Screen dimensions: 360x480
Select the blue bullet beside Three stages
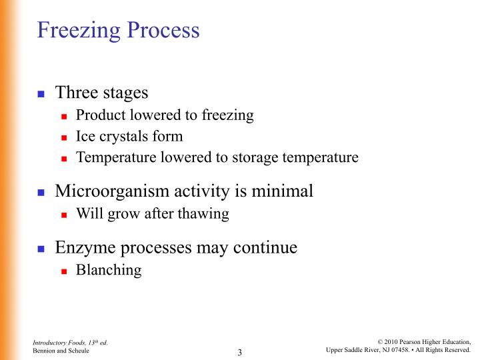pyautogui.click(x=41, y=93)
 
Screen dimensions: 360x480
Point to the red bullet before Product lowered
pyautogui.click(x=65, y=116)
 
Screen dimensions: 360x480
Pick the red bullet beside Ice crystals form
pyautogui.click(x=65, y=137)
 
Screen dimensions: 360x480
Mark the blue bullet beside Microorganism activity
pyautogui.click(x=41, y=193)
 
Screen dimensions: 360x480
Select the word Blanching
pyautogui.click(x=109, y=270)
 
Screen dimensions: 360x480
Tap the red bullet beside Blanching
pyautogui.click(x=65, y=271)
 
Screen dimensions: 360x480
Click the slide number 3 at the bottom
pyautogui.click(x=239, y=352)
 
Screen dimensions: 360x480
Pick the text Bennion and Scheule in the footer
pyautogui.click(x=61, y=351)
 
